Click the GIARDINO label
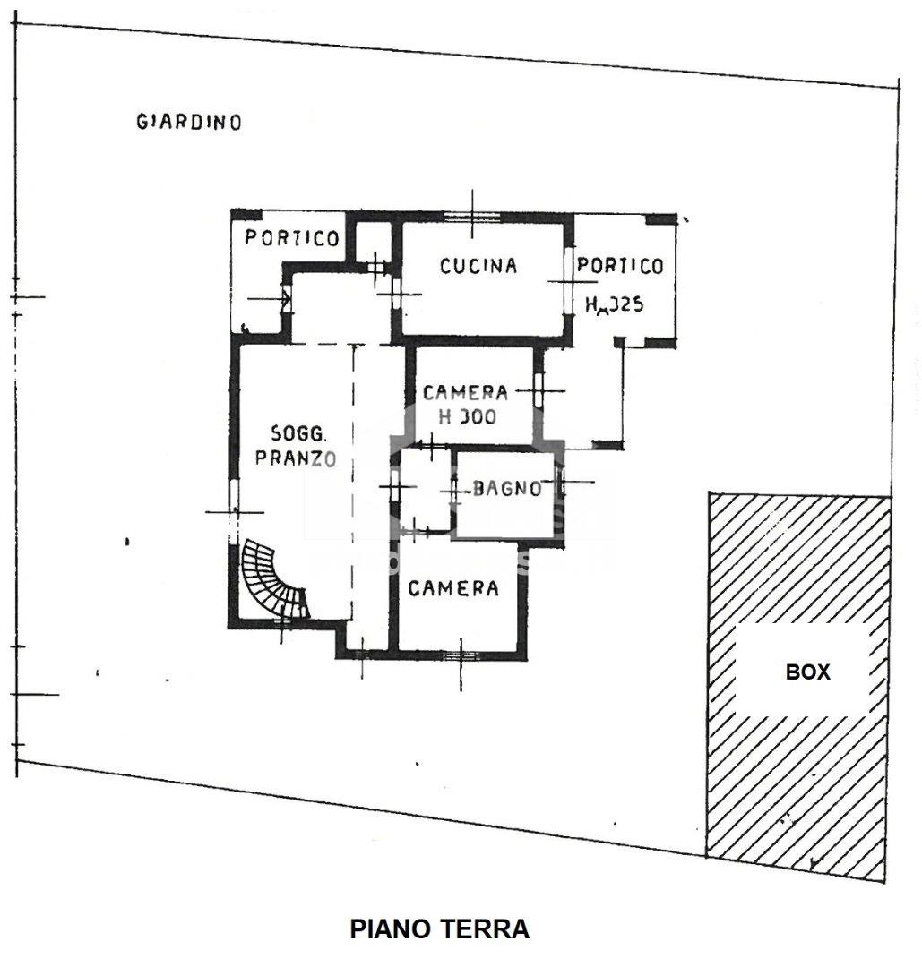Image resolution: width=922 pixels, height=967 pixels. [x=188, y=122]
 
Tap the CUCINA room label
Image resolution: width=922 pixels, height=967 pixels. [x=478, y=266]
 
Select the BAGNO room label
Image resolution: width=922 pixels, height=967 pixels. [x=506, y=489]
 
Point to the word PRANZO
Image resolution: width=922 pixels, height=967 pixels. [x=295, y=458]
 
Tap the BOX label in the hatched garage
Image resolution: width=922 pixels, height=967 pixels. [x=807, y=672]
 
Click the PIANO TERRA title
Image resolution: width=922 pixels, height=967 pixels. [x=439, y=929]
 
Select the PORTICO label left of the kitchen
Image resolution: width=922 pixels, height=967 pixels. [x=292, y=238]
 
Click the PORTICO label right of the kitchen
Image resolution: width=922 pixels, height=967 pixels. [x=620, y=266]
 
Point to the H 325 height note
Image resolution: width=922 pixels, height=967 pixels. [x=614, y=304]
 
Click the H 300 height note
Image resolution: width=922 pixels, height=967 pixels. [x=467, y=416]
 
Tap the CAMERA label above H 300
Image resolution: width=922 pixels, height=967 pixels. [x=465, y=392]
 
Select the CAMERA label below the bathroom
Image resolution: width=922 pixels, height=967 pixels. [x=453, y=588]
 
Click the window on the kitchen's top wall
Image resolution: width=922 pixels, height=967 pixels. [x=473, y=215]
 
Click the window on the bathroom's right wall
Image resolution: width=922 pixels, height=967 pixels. [x=561, y=483]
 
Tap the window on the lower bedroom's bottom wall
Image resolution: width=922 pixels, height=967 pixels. [x=461, y=654]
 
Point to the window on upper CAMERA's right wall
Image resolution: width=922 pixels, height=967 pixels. [x=538, y=389]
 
